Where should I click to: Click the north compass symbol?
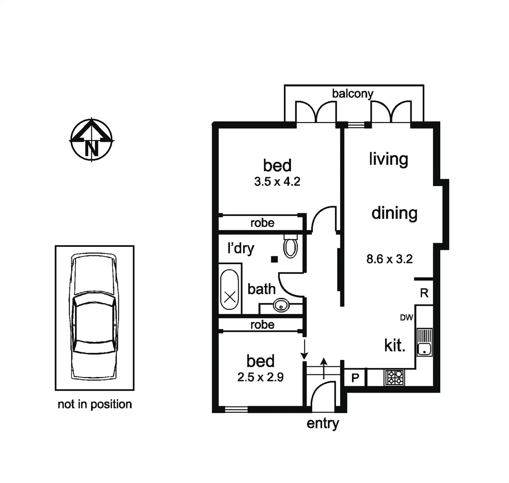[x=92, y=139]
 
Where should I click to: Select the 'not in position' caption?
[x=95, y=404]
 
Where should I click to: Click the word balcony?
[x=353, y=93]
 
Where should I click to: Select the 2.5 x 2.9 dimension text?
[x=260, y=377]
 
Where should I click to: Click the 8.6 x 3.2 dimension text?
[x=389, y=259]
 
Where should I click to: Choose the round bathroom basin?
[x=281, y=306]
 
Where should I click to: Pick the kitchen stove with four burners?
[x=394, y=377]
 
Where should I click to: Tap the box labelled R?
[x=424, y=293]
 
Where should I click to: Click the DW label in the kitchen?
[x=406, y=318]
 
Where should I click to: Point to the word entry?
[x=323, y=423]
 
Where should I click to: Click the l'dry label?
[x=240, y=248]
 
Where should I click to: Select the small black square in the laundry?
[x=274, y=259]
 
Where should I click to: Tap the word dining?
[x=394, y=213]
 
